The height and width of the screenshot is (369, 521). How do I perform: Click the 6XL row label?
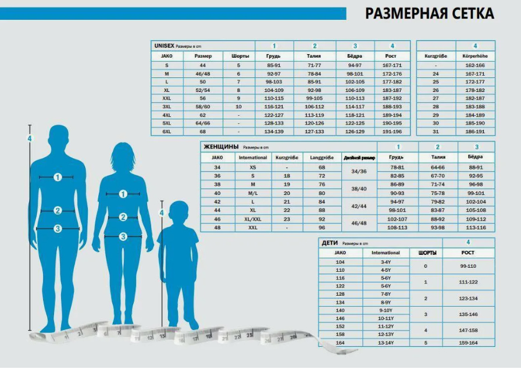click(167, 132)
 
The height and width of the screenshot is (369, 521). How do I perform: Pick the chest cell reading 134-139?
click(274, 132)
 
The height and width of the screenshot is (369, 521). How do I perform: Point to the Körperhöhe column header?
click(475, 56)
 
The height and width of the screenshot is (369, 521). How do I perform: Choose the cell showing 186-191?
click(475, 132)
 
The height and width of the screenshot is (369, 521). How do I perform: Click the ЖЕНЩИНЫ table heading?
click(219, 147)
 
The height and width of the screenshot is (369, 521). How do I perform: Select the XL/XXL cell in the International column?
click(253, 219)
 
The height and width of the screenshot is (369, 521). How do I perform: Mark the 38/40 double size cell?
click(355, 189)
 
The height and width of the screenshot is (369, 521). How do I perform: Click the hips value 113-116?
click(476, 228)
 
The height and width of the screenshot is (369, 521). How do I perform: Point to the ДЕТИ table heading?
click(329, 243)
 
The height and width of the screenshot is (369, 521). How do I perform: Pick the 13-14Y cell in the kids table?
click(386, 343)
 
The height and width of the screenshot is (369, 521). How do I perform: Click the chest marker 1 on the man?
click(58, 177)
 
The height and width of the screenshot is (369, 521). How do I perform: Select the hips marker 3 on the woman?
click(123, 236)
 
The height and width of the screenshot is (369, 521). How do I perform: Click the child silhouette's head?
click(176, 212)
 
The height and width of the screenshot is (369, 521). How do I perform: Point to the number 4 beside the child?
click(162, 213)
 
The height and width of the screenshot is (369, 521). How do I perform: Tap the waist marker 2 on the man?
click(58, 211)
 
